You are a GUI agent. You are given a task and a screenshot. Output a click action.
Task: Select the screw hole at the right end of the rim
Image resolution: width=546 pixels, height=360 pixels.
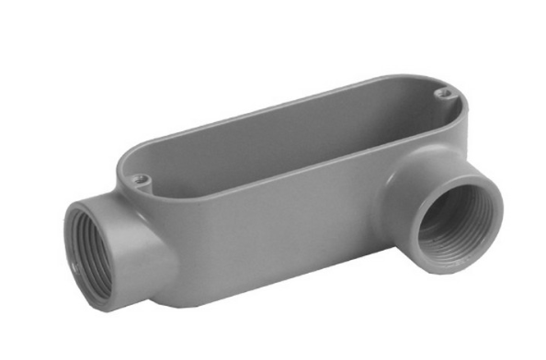[444, 93]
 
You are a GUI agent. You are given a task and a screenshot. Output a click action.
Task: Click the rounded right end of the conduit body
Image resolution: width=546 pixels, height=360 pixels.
[469, 138]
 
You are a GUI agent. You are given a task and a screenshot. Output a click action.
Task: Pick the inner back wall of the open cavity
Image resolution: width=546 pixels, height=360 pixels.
[276, 138]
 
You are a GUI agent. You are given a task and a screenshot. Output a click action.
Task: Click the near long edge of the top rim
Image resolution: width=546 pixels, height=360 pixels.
[276, 188]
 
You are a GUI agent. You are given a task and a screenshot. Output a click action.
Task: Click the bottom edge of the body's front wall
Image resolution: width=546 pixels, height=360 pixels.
[276, 308]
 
